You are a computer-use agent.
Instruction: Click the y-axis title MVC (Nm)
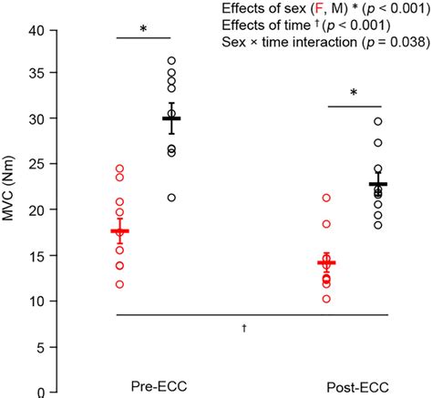pyautogui.click(x=12, y=210)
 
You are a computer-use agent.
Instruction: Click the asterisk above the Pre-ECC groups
pyautogui.click(x=143, y=29)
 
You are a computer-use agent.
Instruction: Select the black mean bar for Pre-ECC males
pyautogui.click(x=171, y=118)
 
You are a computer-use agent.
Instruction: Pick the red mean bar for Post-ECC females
pyautogui.click(x=326, y=262)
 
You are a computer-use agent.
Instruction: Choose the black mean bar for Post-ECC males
pyautogui.click(x=378, y=184)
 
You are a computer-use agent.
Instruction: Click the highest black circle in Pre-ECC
pyautogui.click(x=171, y=61)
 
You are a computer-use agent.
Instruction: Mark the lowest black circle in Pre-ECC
pyautogui.click(x=171, y=198)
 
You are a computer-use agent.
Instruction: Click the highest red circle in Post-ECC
pyautogui.click(x=326, y=198)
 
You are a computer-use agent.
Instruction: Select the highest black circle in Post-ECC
pyautogui.click(x=378, y=121)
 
